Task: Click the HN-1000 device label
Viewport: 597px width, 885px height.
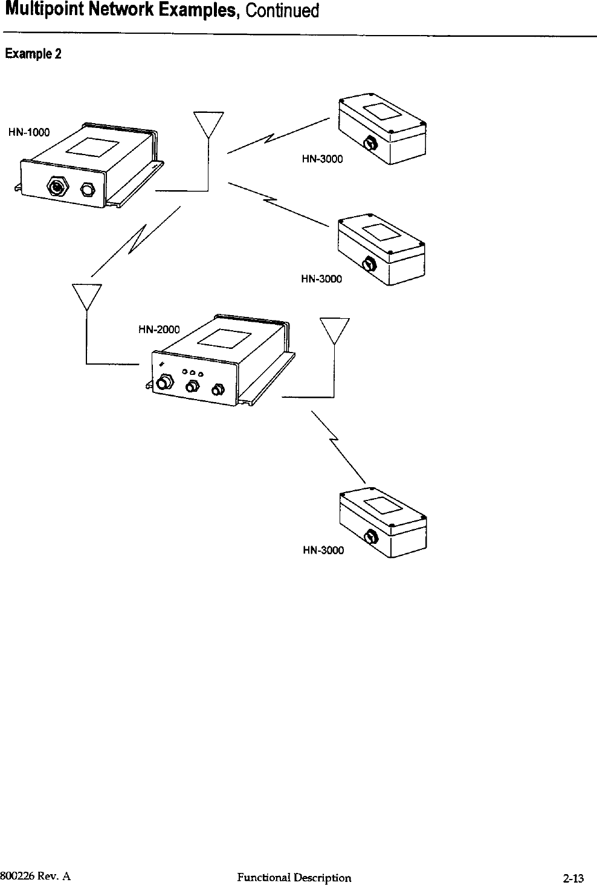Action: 29,132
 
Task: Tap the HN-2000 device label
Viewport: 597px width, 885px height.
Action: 160,329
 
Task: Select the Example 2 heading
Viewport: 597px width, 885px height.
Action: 33,54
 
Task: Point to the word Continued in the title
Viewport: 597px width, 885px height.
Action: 282,11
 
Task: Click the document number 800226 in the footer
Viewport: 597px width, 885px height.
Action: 17,877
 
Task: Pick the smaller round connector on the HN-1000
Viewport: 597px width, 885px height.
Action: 88,189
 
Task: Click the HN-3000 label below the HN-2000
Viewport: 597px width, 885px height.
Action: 323,550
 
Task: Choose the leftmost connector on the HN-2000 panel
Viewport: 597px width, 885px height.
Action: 163,383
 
